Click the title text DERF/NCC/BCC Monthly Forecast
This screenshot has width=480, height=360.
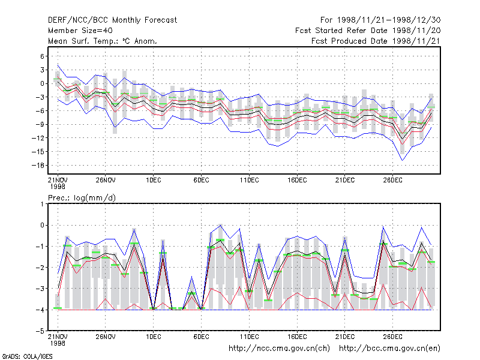pos(112,20)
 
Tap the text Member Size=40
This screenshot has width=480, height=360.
pos(80,31)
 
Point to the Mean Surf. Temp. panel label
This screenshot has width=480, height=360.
pos(103,41)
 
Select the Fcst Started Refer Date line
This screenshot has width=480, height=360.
pos(368,31)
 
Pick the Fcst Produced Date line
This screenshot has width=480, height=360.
pos(376,41)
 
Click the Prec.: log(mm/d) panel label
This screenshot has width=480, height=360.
pos(82,198)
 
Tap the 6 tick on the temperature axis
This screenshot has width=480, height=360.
pos(42,56)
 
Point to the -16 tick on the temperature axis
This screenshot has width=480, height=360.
pos(38,166)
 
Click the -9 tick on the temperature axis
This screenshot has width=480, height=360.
pos(40,124)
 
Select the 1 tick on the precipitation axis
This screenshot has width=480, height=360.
pos(42,204)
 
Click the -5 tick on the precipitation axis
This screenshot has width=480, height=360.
pos(40,331)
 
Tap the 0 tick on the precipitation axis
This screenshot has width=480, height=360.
pos(42,226)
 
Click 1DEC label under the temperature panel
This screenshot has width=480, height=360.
pos(154,181)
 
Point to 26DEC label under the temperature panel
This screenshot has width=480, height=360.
pos(393,181)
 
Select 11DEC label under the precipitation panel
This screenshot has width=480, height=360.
pos(249,337)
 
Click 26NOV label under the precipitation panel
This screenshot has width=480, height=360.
pos(106,337)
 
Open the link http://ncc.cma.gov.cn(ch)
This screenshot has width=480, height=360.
pos(279,349)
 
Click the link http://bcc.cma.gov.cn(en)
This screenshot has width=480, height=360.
pos(389,349)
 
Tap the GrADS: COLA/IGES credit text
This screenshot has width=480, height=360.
pos(27,356)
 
